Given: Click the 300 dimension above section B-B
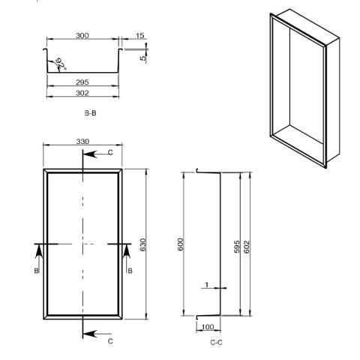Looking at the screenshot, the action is tap(82, 35).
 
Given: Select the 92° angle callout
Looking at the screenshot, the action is tap(61, 64).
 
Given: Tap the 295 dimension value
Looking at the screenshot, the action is tap(82, 82).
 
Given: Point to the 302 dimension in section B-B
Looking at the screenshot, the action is tap(82, 93).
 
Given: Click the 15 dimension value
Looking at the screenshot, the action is tap(140, 35).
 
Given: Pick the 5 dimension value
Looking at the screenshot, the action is tap(142, 58).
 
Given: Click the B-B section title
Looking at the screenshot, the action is tap(90, 113).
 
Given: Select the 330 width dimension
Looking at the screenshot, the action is tap(82, 142).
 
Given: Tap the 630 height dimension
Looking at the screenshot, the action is tap(142, 245).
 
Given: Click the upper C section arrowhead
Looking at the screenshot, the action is tap(91, 154).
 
